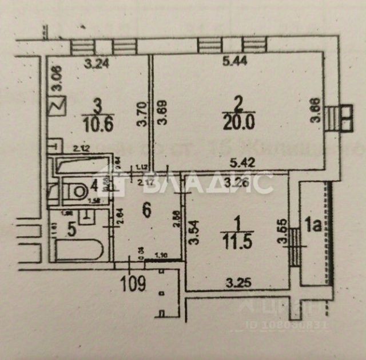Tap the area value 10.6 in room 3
[x=97, y=123]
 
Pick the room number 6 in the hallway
[x=146, y=211]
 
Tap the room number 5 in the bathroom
[x=72, y=230]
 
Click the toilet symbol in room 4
[x=76, y=189]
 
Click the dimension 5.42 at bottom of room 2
[x=242, y=162]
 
